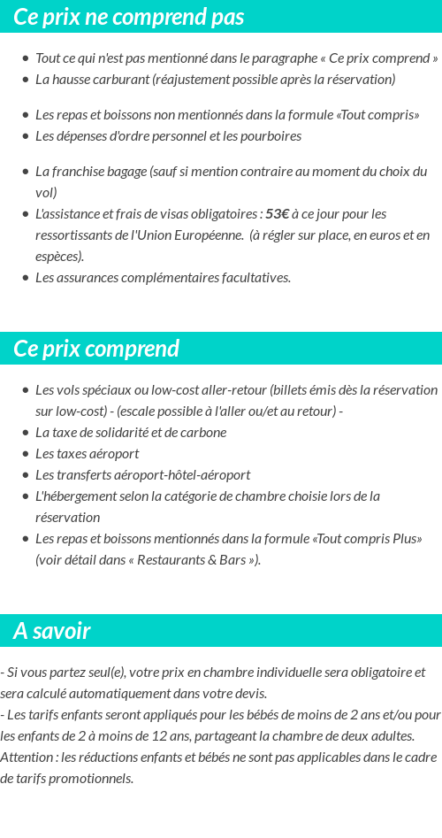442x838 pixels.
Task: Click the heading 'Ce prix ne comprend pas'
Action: pyautogui.click(x=129, y=17)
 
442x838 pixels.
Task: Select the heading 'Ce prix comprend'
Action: pyautogui.click(x=96, y=349)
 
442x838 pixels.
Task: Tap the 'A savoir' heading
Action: pyautogui.click(x=52, y=631)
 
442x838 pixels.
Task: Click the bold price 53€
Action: pyautogui.click(x=278, y=214)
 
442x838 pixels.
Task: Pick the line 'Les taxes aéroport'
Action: pyautogui.click(x=87, y=454)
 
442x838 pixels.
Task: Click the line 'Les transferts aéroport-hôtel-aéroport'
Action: pyautogui.click(x=142, y=475)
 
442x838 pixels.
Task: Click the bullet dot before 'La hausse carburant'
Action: pyautogui.click(x=26, y=80)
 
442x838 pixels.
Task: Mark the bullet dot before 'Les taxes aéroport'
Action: pyautogui.click(x=26, y=454)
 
